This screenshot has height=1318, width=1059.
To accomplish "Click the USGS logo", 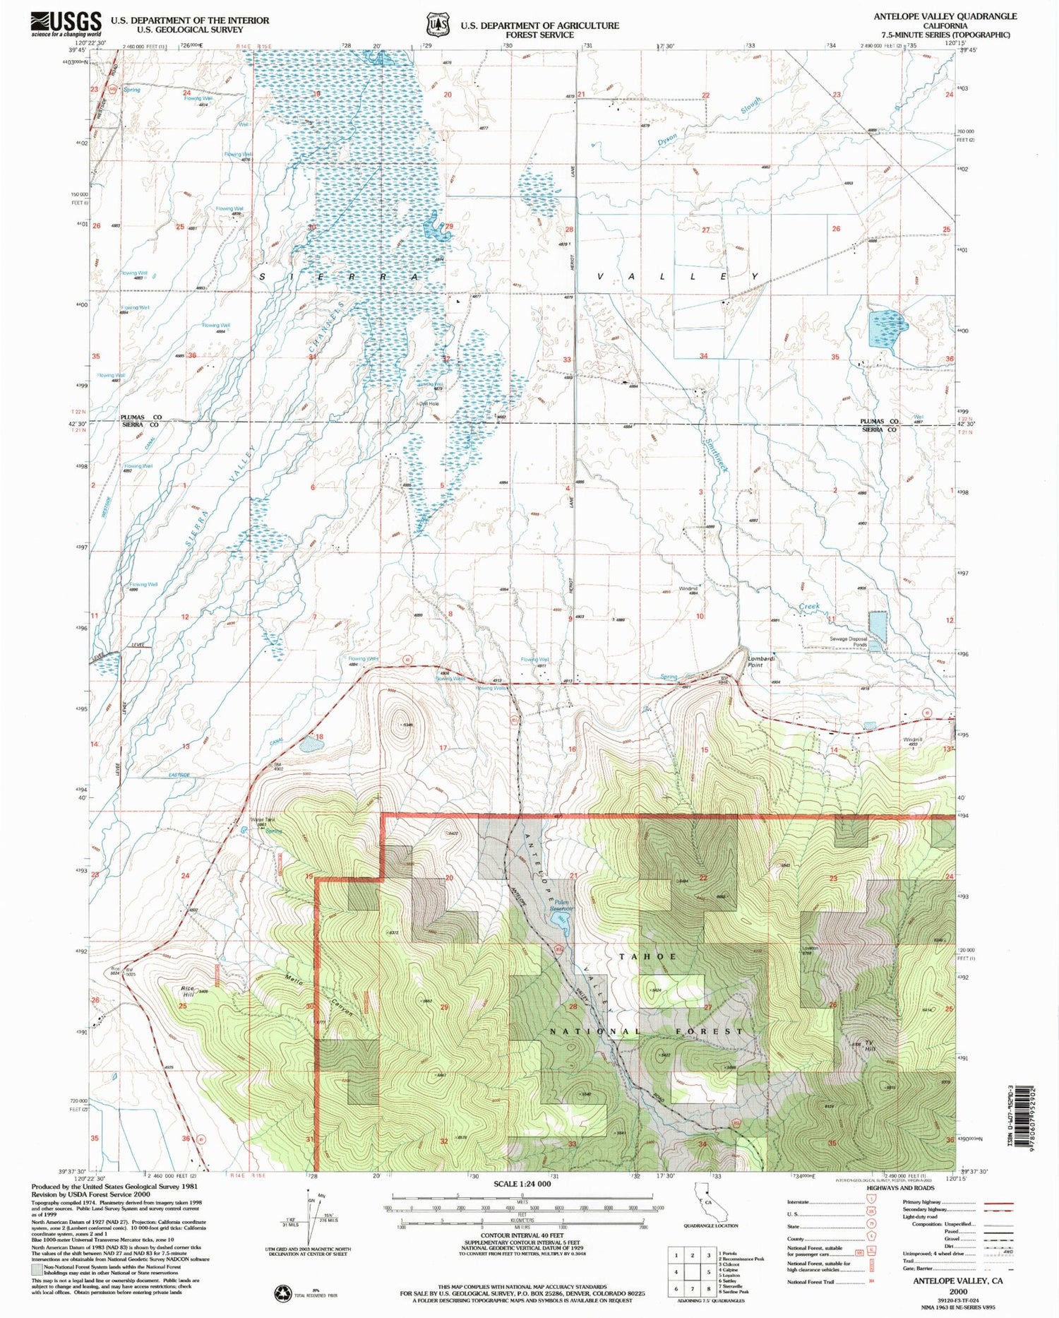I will point(66,24).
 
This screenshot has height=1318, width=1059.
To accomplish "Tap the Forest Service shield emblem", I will point(437,25).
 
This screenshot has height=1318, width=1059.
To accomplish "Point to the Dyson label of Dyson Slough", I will point(667,138).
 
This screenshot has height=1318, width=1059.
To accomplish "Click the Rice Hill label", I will point(187,990).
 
